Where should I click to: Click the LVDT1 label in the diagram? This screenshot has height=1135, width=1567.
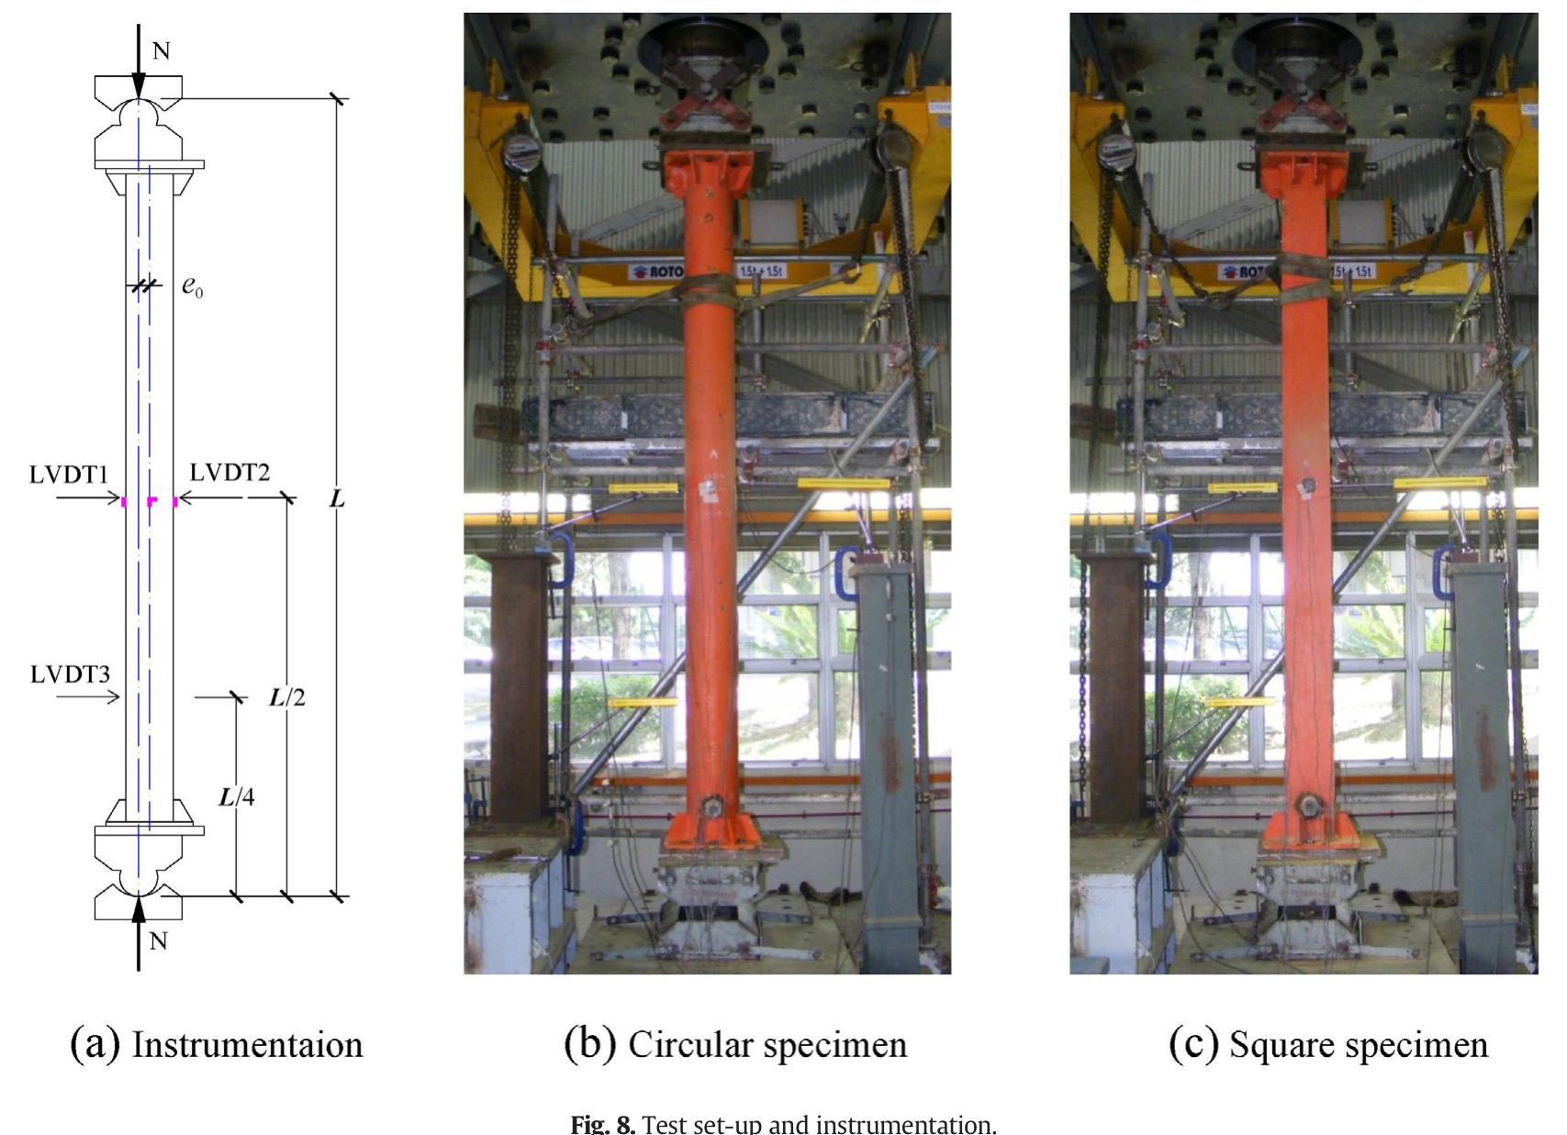point(69,474)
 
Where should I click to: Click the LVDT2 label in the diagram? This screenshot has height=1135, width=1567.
point(229,473)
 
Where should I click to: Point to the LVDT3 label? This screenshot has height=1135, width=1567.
point(70,674)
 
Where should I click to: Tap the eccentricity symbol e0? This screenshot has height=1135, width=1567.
point(192,286)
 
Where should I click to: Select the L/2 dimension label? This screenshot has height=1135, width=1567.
point(287,697)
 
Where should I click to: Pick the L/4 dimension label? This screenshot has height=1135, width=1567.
point(237,796)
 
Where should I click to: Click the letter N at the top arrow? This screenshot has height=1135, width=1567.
point(161,50)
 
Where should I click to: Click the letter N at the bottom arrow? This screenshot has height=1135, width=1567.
point(158,940)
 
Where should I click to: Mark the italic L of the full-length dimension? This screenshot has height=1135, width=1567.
point(337,499)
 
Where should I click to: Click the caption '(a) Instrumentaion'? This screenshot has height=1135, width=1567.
point(217,1044)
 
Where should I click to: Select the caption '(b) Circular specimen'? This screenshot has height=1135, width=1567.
point(735,1044)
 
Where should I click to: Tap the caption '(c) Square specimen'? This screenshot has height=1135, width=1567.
point(1327,1044)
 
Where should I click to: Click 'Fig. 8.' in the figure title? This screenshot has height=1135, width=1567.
point(602,1124)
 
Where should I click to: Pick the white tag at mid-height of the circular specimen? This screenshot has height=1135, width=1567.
point(708,489)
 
